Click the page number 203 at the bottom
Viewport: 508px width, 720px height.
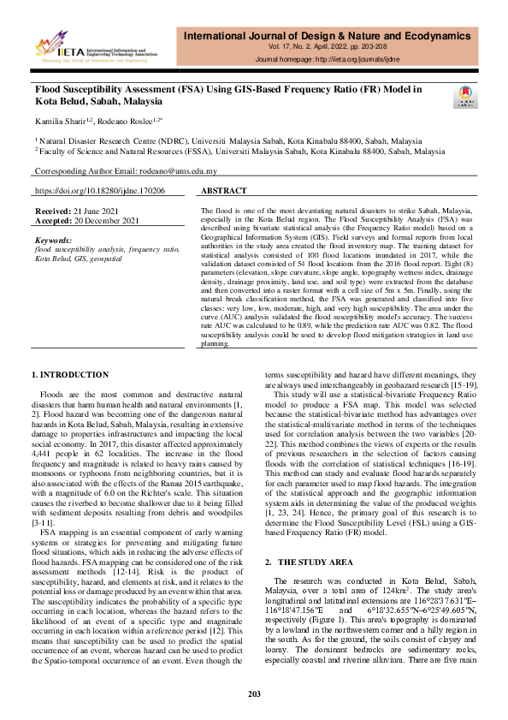pos(254,693)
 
